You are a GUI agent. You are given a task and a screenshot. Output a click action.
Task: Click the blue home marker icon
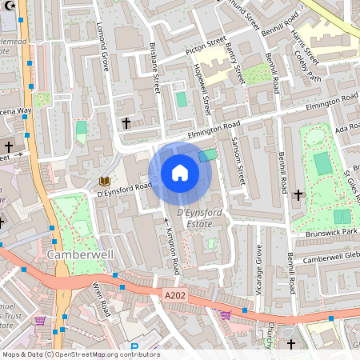click(x=180, y=173)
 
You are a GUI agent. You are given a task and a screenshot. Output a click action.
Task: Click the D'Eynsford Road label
click(x=123, y=189)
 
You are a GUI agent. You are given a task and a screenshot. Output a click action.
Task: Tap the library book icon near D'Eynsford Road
click(x=103, y=182)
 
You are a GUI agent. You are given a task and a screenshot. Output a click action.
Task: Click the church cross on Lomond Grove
click(x=126, y=123)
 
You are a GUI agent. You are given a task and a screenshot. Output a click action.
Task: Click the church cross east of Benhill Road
click(x=298, y=194)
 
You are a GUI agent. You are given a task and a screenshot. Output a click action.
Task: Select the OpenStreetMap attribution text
click(x=80, y=354)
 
